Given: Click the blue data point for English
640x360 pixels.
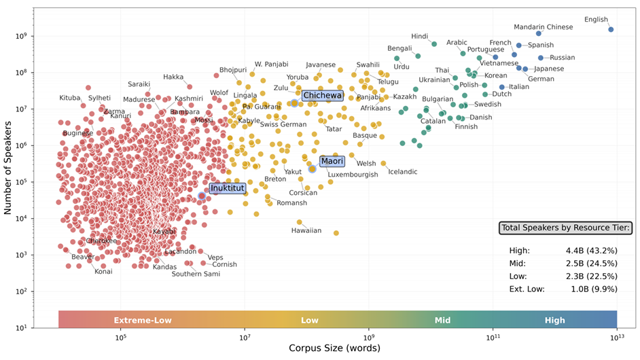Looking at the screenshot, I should (x=610, y=29).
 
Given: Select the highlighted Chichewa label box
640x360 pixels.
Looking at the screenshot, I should (x=322, y=96).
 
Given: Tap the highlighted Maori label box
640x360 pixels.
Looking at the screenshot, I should (x=332, y=161).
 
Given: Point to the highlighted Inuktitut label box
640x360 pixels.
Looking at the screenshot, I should (x=227, y=188).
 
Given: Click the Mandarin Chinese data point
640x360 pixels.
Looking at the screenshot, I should (x=539, y=33).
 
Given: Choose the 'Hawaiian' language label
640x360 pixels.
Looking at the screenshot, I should (x=306, y=231).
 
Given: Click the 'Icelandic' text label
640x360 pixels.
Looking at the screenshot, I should (x=402, y=172).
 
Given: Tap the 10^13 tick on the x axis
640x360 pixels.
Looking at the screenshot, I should (x=616, y=338).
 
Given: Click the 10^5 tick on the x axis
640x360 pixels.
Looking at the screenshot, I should (x=120, y=338).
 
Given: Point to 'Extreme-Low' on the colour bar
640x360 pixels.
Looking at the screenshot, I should (x=143, y=320).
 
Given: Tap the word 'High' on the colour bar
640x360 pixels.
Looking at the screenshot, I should (x=554, y=320).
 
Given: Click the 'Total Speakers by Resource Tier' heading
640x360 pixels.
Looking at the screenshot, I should (x=565, y=228).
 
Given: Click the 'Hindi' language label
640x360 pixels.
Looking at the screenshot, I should (x=420, y=36).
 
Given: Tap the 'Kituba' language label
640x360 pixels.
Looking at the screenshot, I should (x=70, y=98).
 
